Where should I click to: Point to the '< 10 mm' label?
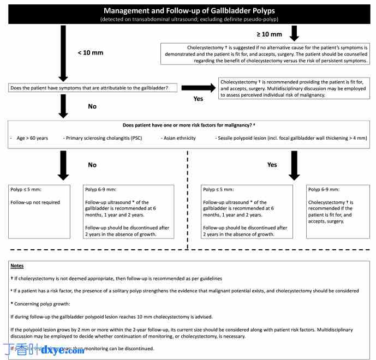coord(91,52)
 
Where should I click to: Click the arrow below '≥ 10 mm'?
coord(294,33)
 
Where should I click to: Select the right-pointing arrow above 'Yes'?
coord(198,87)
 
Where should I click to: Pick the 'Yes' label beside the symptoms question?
coord(198,99)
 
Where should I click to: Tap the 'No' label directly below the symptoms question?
coord(92,106)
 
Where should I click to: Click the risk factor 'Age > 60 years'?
coord(31,138)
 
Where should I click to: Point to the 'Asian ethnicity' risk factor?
coord(178,138)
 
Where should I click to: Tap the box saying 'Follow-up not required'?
coord(39,211)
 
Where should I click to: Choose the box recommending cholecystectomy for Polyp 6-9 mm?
coord(333,211)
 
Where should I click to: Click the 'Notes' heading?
coord(17,266)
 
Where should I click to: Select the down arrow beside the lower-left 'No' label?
coord(63,165)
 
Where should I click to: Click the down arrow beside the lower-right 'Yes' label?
coord(294,165)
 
